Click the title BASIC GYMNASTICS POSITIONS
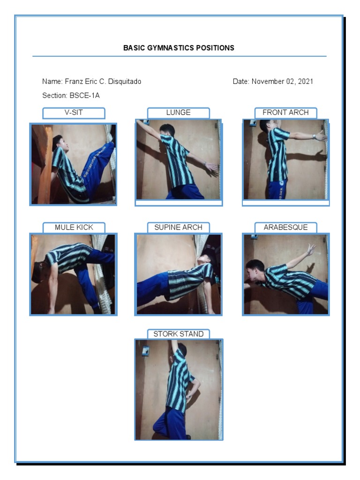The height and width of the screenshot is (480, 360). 179,48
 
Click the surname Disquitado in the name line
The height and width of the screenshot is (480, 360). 125,82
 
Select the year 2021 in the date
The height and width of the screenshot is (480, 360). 305,82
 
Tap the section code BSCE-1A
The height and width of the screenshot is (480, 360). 84,96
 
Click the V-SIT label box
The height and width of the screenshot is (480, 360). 74,113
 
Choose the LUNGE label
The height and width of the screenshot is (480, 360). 178,113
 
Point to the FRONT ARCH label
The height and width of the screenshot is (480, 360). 285,113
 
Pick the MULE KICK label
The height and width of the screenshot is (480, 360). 74,228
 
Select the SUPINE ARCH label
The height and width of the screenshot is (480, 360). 178,228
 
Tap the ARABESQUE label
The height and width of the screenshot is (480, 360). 285,228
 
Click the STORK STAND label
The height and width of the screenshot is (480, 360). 178,334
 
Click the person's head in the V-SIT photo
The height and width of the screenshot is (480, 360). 58,142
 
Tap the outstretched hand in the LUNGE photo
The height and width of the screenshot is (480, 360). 212,166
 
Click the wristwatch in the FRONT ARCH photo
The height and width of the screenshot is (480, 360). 314,137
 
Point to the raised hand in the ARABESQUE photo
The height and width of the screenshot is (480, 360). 311,249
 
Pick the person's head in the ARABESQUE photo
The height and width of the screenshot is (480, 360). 255,270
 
